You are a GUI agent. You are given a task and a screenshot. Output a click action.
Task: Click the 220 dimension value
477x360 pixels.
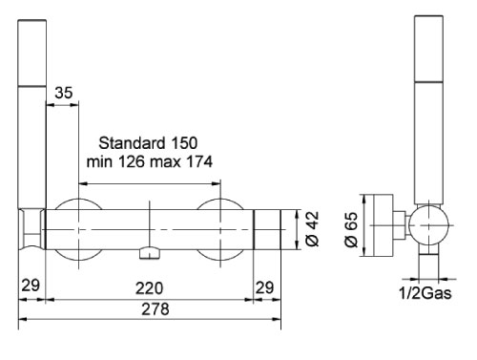click(149, 286)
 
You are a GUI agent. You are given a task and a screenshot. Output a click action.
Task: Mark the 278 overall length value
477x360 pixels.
click(149, 310)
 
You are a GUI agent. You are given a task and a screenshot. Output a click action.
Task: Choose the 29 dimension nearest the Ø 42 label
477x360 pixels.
click(267, 286)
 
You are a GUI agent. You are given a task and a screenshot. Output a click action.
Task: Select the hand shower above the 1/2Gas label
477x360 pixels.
click(427, 105)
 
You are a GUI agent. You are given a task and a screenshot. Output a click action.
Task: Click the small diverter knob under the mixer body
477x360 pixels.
click(149, 253)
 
